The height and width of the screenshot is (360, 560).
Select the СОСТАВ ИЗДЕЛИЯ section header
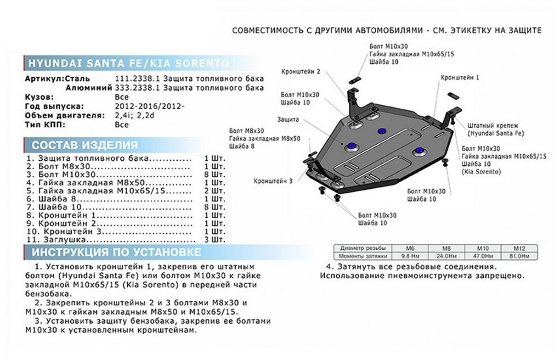tap(85, 145)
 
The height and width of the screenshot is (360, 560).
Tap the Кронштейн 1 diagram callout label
tap(459, 78)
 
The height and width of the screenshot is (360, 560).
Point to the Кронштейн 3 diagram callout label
tap(273, 181)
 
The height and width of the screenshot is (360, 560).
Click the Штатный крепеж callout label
tap(492, 125)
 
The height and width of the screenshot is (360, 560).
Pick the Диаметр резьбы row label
tap(362, 247)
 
